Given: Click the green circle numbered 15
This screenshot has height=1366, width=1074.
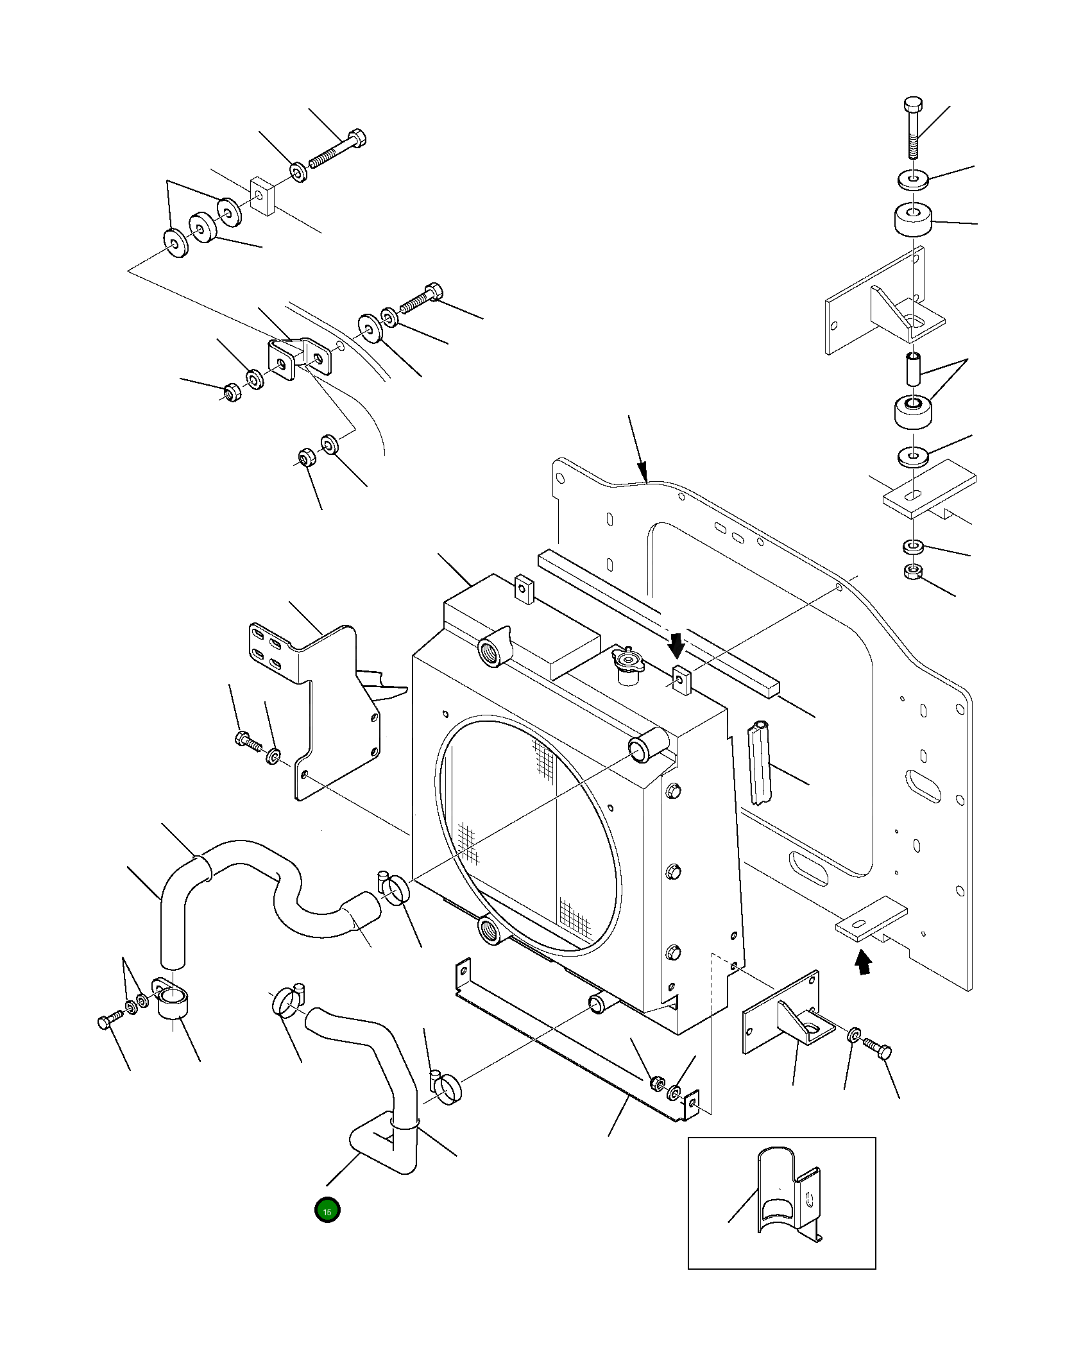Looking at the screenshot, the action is (327, 1209).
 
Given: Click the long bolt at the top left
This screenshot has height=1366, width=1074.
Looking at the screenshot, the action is (338, 149).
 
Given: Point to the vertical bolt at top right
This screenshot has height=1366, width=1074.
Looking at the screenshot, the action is (913, 128).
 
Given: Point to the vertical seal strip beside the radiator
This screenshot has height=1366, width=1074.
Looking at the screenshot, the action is (760, 762).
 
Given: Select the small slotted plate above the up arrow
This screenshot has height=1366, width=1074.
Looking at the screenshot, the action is (872, 920).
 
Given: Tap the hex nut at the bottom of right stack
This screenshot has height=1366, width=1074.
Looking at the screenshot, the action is (912, 572).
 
